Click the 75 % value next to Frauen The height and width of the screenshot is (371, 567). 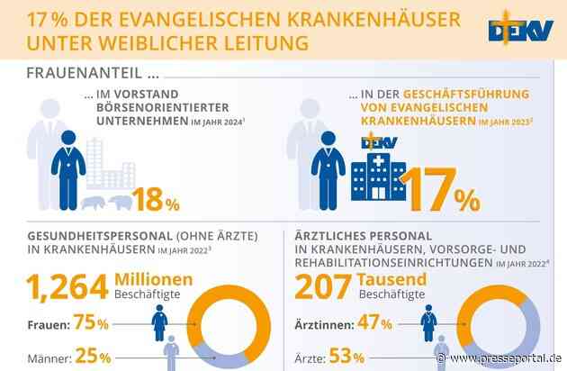[x=91, y=321]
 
